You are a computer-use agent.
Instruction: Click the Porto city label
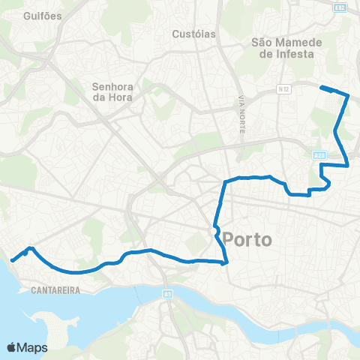click(x=248, y=240)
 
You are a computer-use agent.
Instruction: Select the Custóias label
click(x=193, y=34)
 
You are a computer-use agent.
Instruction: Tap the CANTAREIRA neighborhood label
click(x=55, y=287)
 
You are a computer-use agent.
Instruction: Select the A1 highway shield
click(x=167, y=294)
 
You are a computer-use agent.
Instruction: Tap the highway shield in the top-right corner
click(x=340, y=7)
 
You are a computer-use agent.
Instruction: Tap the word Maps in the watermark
click(x=34, y=347)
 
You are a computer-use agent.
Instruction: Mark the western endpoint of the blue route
click(x=12, y=261)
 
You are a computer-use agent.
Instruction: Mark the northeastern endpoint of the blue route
click(x=322, y=88)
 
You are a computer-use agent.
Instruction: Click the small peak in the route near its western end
click(x=30, y=247)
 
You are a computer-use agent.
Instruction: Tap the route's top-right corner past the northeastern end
click(x=349, y=94)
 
